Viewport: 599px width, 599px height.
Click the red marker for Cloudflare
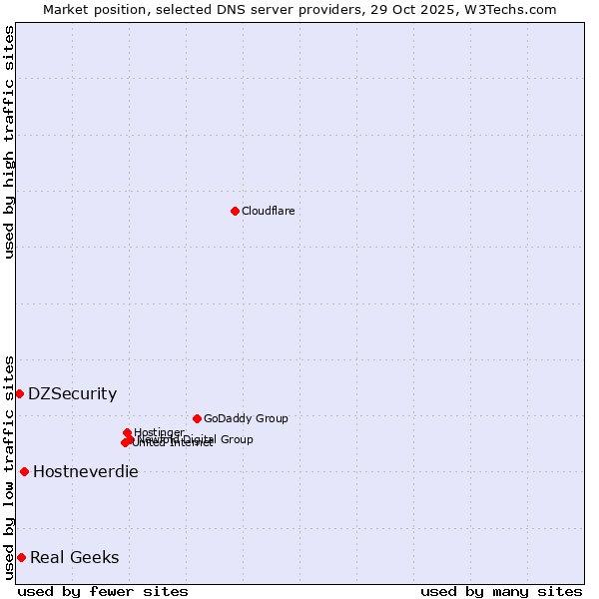[x=235, y=211]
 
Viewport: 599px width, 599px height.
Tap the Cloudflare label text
[x=268, y=211]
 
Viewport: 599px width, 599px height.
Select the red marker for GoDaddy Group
[x=197, y=418]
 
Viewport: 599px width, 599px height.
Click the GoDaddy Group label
[x=246, y=418]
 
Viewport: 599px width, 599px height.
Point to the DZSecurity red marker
[x=19, y=393]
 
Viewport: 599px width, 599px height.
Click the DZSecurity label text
[x=72, y=393]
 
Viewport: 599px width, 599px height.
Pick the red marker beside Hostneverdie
[x=24, y=471]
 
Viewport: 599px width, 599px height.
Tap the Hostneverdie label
[x=85, y=471]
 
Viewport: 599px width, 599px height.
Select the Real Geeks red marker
[x=21, y=557]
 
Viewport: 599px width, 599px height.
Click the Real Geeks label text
[x=74, y=557]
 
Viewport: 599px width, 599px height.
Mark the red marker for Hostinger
[x=128, y=433]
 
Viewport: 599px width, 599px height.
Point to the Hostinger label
[x=159, y=432]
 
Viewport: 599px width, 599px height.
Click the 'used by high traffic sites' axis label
[x=10, y=142]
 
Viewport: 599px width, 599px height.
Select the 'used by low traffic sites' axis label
[x=10, y=466]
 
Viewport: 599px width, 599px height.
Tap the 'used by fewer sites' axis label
[x=103, y=591]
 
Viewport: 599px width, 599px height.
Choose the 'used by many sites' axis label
[x=501, y=591]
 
